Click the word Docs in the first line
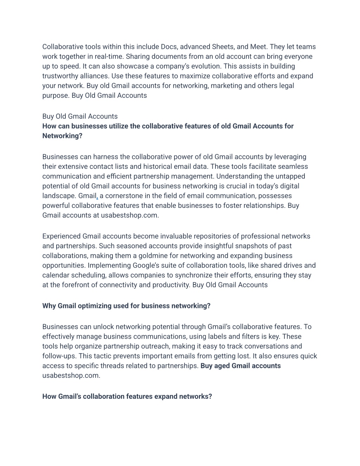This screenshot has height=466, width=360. pos(169,47)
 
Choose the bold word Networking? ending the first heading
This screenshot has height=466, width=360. pos(62,136)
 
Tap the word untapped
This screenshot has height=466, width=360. pos(291,176)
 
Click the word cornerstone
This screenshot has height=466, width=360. pos(124,196)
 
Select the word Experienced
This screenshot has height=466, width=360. pos(61,236)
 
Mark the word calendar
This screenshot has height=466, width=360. pos(56,275)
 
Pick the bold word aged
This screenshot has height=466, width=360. pos(222,366)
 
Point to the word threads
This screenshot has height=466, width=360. pos(124,366)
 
